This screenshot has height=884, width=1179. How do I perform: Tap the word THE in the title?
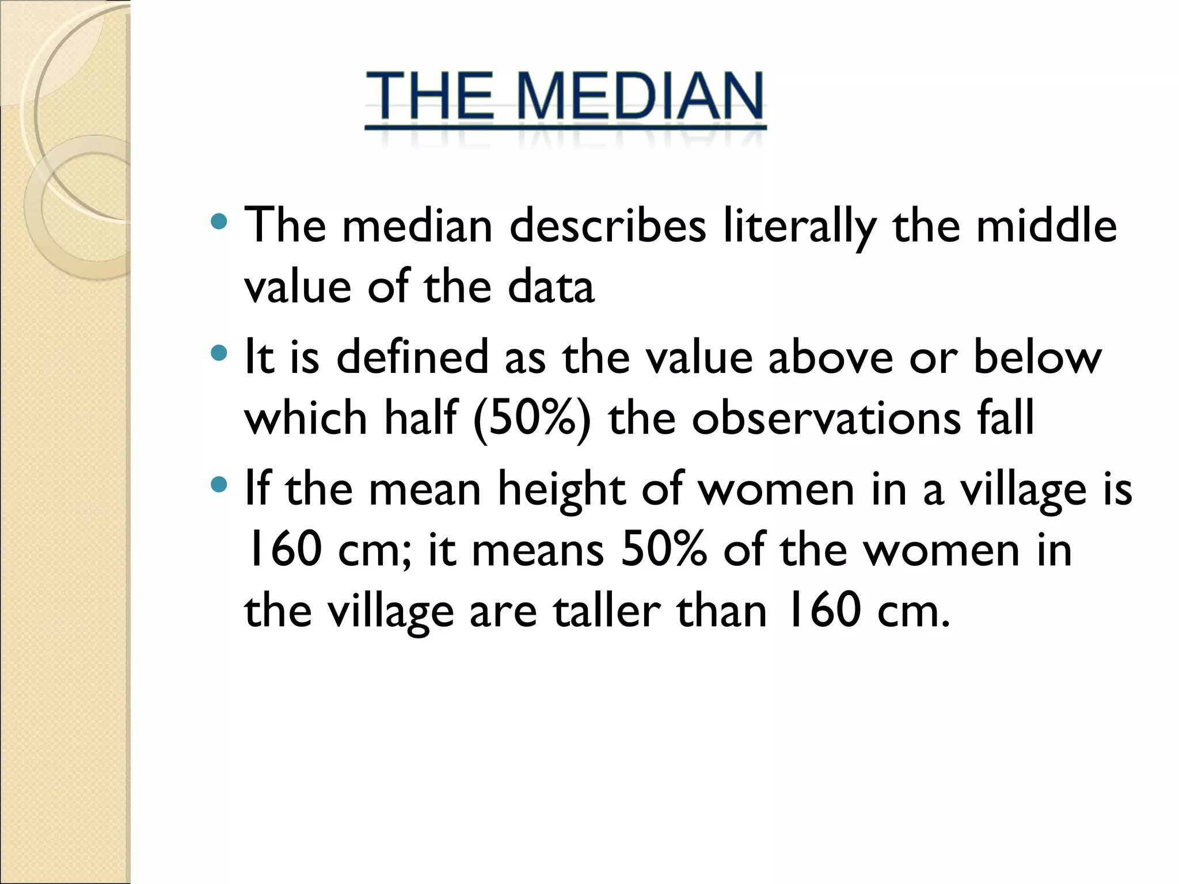tap(430, 96)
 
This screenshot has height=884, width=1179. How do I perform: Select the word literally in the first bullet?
tap(800, 226)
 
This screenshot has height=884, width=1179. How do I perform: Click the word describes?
tap(607, 226)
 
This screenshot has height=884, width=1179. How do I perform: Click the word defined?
tap(412, 357)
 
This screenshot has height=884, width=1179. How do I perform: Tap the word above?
tap(830, 357)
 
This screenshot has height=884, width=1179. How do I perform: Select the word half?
tap(421, 418)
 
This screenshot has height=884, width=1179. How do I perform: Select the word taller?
tap(607, 611)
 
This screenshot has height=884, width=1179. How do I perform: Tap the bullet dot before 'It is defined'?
tap(219, 353)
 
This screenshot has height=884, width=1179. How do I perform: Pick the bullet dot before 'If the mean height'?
tap(219, 485)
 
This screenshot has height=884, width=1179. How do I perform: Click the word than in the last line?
tap(722, 611)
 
